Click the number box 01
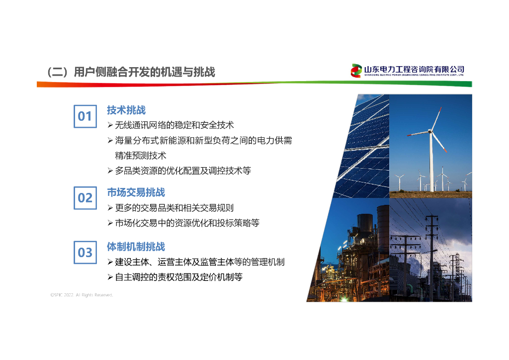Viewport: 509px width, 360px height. pyautogui.click(x=85, y=116)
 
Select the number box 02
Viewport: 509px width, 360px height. pyautogui.click(x=85, y=198)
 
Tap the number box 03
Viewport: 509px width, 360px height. pyautogui.click(x=85, y=253)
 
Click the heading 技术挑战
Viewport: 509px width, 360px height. pyautogui.click(x=126, y=110)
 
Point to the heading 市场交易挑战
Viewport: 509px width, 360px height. pyautogui.click(x=136, y=192)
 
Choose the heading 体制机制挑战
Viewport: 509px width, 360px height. pyautogui.click(x=136, y=247)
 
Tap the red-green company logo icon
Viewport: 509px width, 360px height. pyautogui.click(x=356, y=71)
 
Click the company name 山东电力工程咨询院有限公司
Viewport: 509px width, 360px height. pyautogui.click(x=414, y=69)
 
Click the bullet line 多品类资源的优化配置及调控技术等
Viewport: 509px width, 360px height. pyautogui.click(x=183, y=171)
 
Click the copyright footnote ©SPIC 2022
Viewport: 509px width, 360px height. pyautogui.click(x=82, y=295)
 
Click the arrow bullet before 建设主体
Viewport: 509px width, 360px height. pyautogui.click(x=110, y=262)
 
